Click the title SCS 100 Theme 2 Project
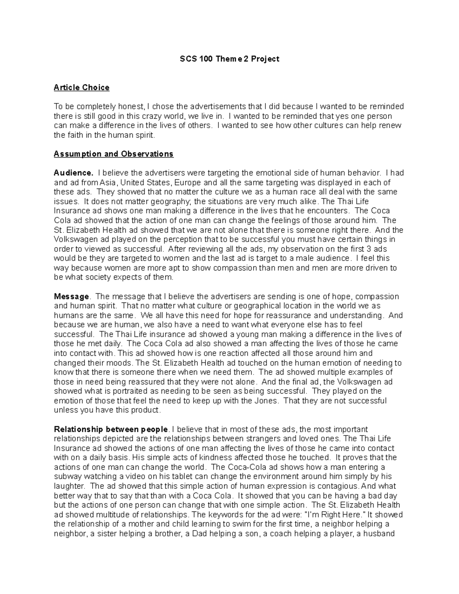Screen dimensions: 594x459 229,59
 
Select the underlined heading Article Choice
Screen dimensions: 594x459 81,88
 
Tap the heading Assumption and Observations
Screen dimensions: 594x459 114,154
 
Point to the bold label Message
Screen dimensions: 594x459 72,296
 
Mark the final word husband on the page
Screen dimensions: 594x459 379,534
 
